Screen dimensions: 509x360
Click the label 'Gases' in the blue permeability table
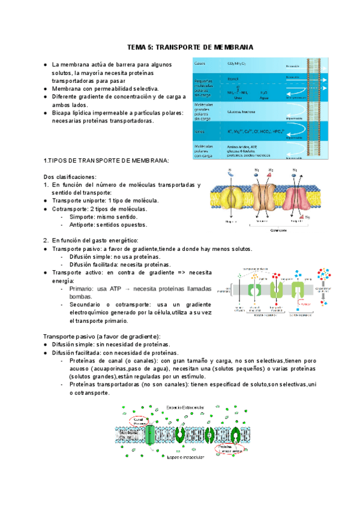coord(200,64)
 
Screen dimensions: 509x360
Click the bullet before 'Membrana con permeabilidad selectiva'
coord(46,89)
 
